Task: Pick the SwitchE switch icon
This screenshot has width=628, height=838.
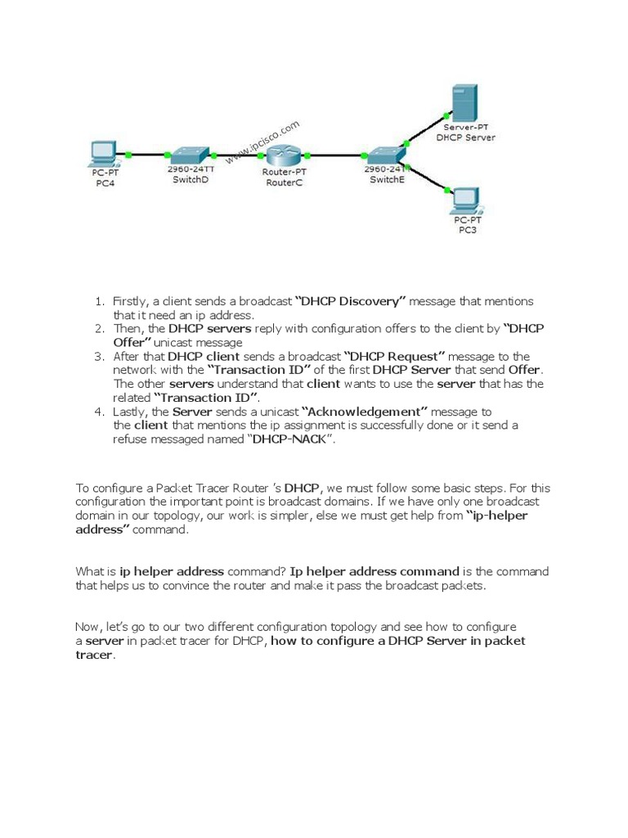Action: (382, 155)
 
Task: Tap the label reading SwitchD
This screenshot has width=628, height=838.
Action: (191, 179)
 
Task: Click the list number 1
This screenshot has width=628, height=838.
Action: (98, 302)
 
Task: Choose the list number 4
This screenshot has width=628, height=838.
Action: (98, 412)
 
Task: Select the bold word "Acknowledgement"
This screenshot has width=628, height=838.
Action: (366, 412)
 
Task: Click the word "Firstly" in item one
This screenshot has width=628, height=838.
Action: (129, 302)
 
